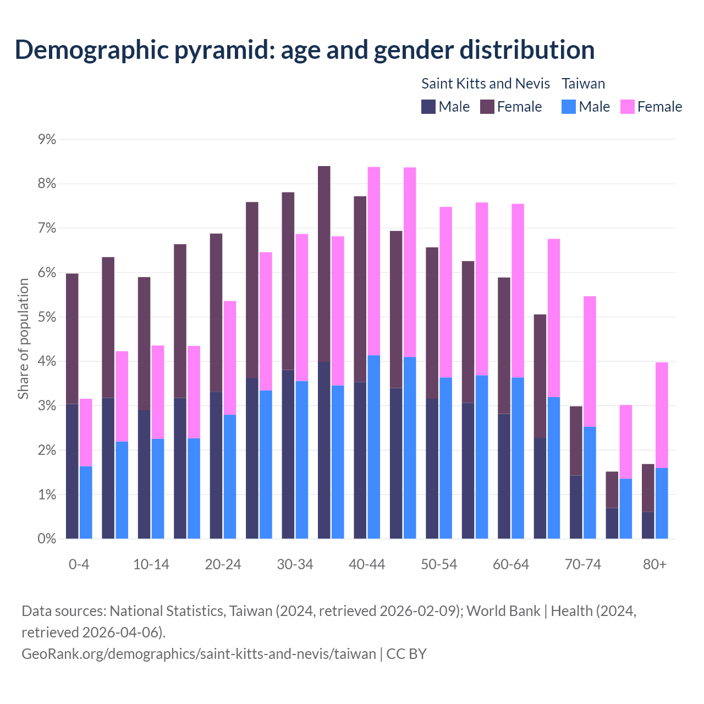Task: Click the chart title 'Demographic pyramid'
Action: pyautogui.click(x=304, y=50)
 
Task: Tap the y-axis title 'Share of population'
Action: pyautogui.click(x=23, y=338)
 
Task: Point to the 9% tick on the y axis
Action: pyautogui.click(x=47, y=139)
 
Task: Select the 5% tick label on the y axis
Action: pyautogui.click(x=47, y=317)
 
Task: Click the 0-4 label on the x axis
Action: pyautogui.click(x=79, y=564)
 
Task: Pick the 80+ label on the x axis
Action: pyautogui.click(x=654, y=564)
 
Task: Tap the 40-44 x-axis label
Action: pyautogui.click(x=367, y=564)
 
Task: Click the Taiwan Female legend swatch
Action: pyautogui.click(x=627, y=107)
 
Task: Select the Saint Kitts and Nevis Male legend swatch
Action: pyautogui.click(x=428, y=107)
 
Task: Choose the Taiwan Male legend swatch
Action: pyautogui.click(x=569, y=107)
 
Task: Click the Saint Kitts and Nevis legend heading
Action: pyautogui.click(x=485, y=84)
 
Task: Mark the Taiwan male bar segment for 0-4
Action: pyautogui.click(x=86, y=502)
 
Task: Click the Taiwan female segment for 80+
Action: pyautogui.click(x=662, y=415)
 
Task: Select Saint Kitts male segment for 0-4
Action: pyautogui.click(x=72, y=471)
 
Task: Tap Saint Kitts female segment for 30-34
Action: pyautogui.click(x=288, y=281)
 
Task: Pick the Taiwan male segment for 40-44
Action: pyautogui.click(x=374, y=447)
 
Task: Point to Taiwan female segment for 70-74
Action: pyautogui.click(x=590, y=361)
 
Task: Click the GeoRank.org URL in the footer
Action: pyautogui.click(x=199, y=653)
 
